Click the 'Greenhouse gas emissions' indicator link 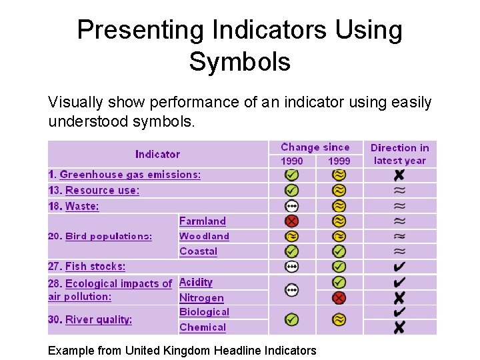[129, 175]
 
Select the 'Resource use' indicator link [102, 190]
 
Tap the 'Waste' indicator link [82, 206]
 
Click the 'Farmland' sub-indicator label [203, 221]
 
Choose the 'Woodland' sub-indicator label [204, 236]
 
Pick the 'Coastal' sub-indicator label [198, 251]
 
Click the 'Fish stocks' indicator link [95, 266]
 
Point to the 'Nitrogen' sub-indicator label [201, 298]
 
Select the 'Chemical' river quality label [203, 327]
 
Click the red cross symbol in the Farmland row [291, 221]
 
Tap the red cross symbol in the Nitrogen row [339, 297]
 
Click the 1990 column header [291, 161]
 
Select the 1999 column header [339, 161]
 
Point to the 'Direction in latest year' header [399, 154]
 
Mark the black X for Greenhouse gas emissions [399, 175]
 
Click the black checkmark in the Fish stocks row [399, 267]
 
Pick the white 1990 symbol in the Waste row [291, 206]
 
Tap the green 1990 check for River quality [291, 319]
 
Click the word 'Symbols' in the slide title [239, 61]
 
